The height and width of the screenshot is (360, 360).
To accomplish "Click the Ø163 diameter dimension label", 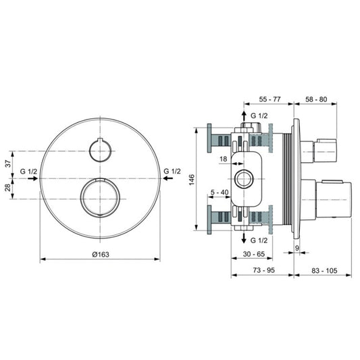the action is pyautogui.click(x=101, y=255).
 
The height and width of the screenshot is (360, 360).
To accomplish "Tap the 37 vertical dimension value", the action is pyautogui.click(x=8, y=163).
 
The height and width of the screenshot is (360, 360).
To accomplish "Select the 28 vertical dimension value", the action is pyautogui.click(x=8, y=187).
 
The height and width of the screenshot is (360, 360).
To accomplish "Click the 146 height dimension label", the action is pyautogui.click(x=192, y=180).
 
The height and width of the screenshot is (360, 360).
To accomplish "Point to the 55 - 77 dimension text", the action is pyautogui.click(x=269, y=99).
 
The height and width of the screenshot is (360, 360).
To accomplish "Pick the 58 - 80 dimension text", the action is pyautogui.click(x=316, y=99).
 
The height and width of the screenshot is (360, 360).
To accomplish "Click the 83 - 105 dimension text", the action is pyautogui.click(x=324, y=270).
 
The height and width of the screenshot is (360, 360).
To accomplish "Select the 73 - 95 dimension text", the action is pyautogui.click(x=264, y=270).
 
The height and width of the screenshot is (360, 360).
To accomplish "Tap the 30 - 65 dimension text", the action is pyautogui.click(x=254, y=254).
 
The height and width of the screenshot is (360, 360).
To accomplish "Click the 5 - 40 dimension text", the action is pyautogui.click(x=220, y=192).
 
